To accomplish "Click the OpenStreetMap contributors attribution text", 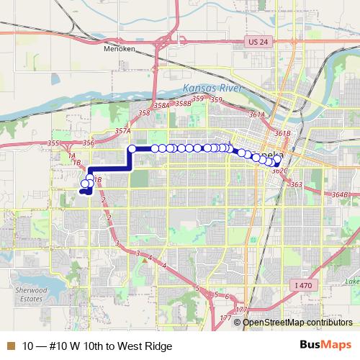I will pyautogui.click(x=294, y=322).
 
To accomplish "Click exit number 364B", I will pyautogui.click(x=340, y=194).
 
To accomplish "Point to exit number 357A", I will pyautogui.click(x=122, y=131).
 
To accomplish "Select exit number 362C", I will pyautogui.click(x=280, y=171).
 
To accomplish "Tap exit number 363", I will pyautogui.click(x=296, y=184).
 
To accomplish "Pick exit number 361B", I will pyautogui.click(x=282, y=133).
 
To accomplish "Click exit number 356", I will pyautogui.click(x=89, y=143).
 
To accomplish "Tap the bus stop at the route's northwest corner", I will pyautogui.click(x=132, y=149).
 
